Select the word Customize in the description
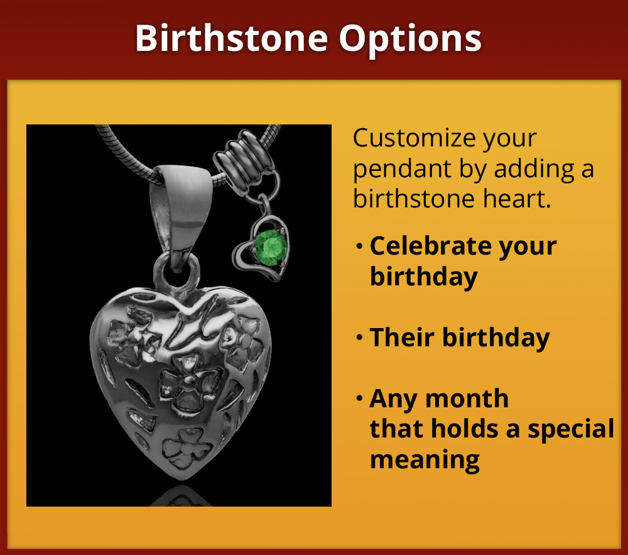point(414,139)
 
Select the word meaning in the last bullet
point(425,459)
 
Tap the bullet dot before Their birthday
point(359,338)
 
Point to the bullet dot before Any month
point(359,399)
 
